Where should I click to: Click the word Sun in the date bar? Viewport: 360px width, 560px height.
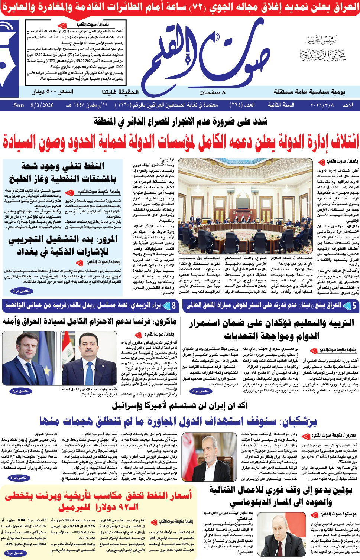click(x=19, y=105)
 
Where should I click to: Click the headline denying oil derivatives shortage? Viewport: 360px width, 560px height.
click(x=63, y=172)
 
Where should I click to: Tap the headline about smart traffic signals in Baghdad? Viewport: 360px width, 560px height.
click(x=63, y=245)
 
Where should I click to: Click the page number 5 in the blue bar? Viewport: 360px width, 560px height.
click(x=354, y=306)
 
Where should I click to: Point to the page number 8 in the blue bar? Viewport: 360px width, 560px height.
click(x=173, y=306)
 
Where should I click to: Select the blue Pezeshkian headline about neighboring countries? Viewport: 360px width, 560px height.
click(x=178, y=421)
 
